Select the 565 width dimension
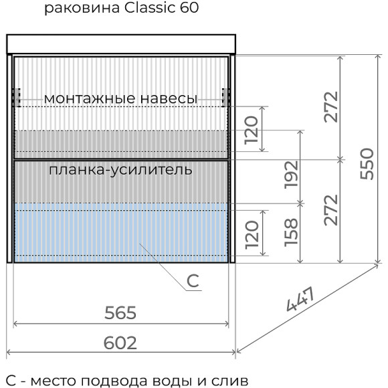pyautogui.click(x=120, y=312)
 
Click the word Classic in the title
pyautogui.click(x=148, y=9)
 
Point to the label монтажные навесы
pyautogui.click(x=120, y=98)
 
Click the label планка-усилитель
pyautogui.click(x=120, y=169)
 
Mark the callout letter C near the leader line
pyautogui.click(x=193, y=282)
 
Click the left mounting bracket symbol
pyautogui.click(x=18, y=98)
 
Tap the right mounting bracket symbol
pyautogui.click(x=226, y=98)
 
